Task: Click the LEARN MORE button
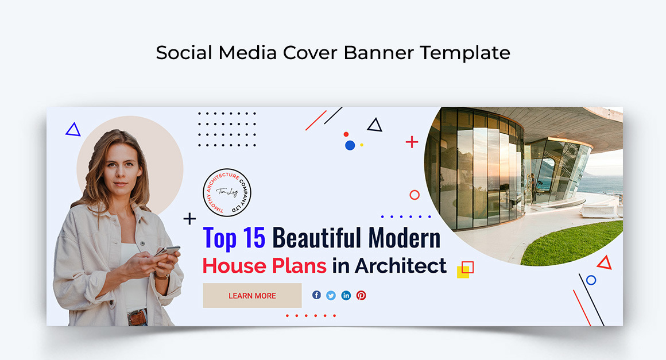[252, 296]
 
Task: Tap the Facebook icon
[316, 295]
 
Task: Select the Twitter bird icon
[331, 295]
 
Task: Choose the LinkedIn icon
[346, 295]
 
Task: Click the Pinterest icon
[361, 295]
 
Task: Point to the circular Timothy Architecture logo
[227, 192]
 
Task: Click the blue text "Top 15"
[234, 238]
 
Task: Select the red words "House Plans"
[264, 266]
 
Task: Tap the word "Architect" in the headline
[400, 266]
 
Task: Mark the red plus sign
[412, 142]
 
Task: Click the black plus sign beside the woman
[189, 219]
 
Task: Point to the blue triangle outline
[73, 130]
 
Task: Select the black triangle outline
[374, 125]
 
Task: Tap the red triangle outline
[604, 264]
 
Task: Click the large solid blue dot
[350, 145]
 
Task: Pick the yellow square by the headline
[463, 272]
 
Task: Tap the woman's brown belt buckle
[137, 317]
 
